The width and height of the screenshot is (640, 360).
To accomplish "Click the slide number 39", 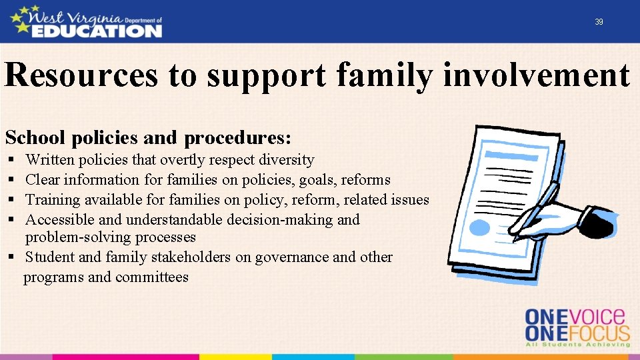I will point(599,22).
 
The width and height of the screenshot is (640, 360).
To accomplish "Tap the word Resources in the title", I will point(81,75).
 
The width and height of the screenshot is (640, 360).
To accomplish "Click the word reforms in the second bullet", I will point(365,180).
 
